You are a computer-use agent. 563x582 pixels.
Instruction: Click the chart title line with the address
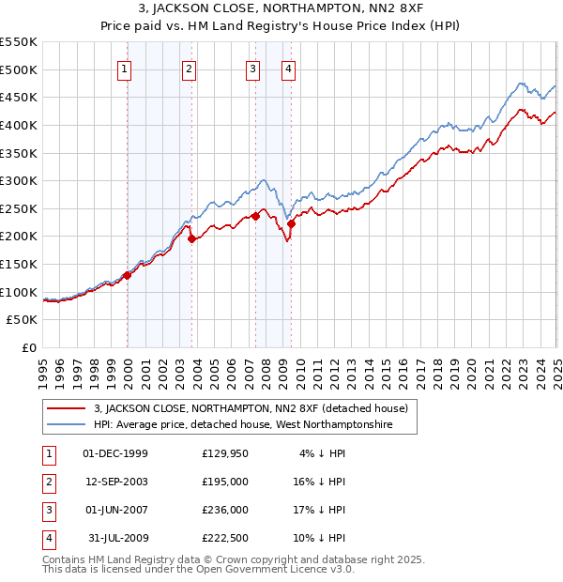(x=281, y=10)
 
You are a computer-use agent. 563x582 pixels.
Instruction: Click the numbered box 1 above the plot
(x=125, y=68)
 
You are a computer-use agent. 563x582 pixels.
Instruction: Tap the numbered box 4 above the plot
(x=289, y=68)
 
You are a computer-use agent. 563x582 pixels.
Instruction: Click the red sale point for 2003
(x=191, y=238)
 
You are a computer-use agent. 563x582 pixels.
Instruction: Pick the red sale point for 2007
(x=255, y=216)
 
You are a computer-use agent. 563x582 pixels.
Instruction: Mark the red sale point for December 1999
(x=128, y=275)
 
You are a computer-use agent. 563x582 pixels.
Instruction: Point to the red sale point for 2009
(x=292, y=223)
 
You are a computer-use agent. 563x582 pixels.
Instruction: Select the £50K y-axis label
(x=23, y=320)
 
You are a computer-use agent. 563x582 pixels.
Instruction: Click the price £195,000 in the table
(x=225, y=481)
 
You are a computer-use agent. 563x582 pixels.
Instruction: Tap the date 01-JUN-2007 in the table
(x=115, y=510)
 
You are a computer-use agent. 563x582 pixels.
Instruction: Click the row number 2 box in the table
(x=48, y=482)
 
